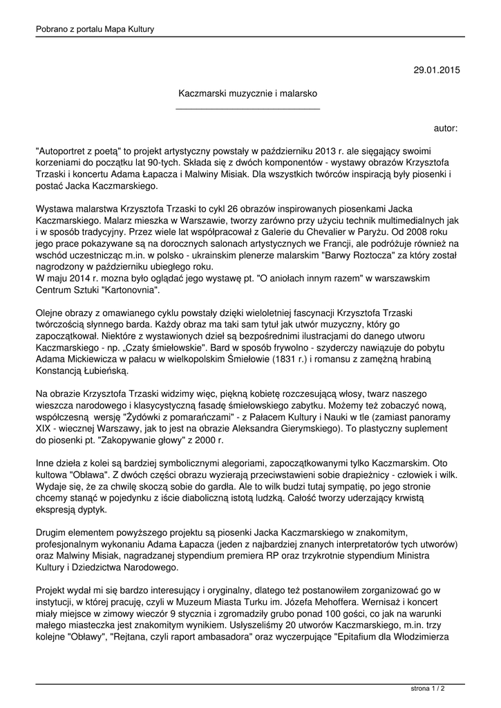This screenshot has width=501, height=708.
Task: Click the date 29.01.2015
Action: (436, 70)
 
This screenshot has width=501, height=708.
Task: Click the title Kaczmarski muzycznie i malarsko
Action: (248, 92)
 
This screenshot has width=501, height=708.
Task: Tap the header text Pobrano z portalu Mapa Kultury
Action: (95, 29)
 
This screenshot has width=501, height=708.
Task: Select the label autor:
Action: (446, 128)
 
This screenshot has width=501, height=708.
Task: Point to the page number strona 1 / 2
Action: (428, 689)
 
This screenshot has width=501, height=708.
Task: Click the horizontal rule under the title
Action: (248, 109)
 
